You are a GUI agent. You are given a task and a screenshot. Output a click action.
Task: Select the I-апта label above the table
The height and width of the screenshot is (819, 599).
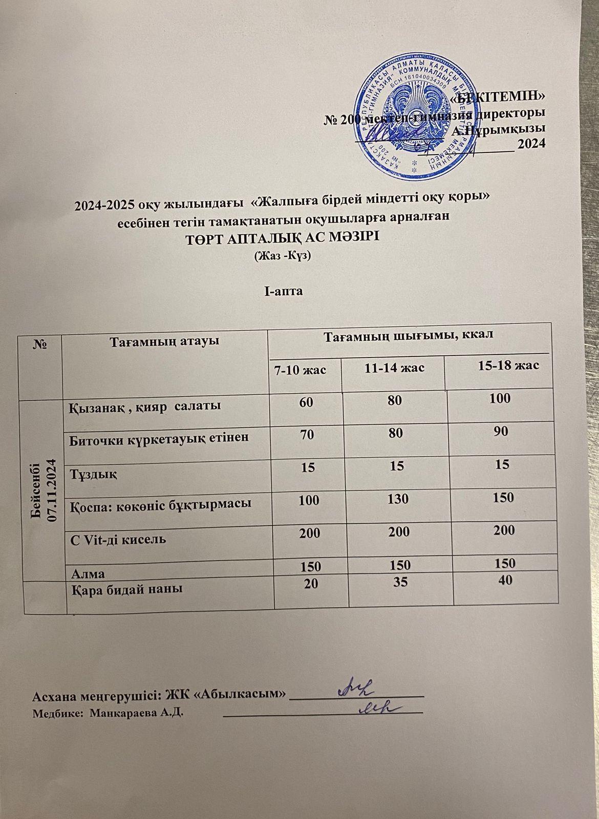(284, 292)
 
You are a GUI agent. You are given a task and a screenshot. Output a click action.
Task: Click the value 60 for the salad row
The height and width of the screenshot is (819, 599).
(307, 403)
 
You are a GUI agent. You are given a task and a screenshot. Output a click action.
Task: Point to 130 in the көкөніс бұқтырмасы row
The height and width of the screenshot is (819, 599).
(398, 498)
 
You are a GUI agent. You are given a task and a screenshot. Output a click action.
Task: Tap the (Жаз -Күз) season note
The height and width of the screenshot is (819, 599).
(283, 257)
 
